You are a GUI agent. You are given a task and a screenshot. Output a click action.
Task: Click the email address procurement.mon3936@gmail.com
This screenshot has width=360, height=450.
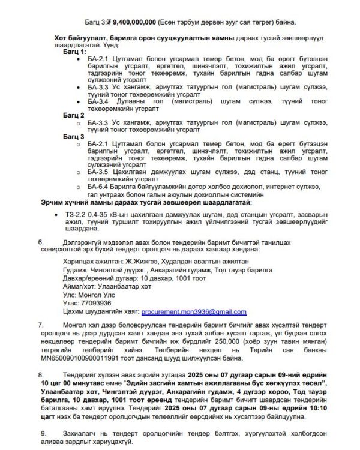194,312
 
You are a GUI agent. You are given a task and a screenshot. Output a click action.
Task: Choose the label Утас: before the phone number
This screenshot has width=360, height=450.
70,303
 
